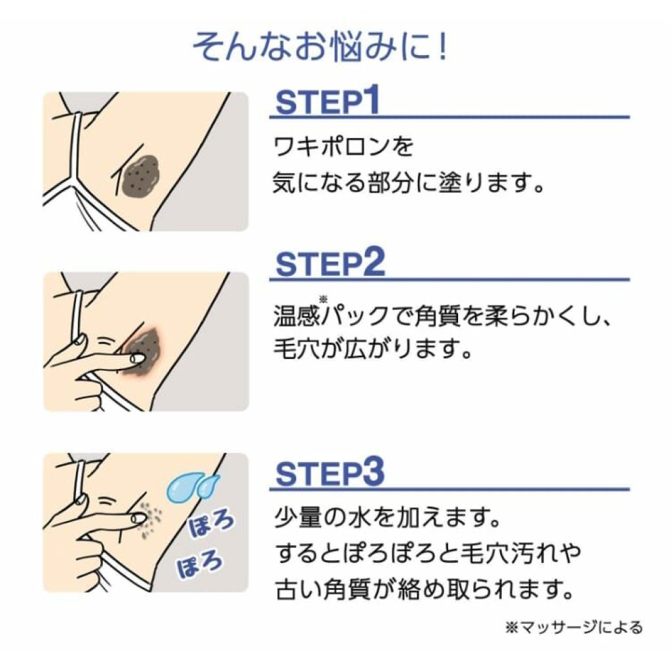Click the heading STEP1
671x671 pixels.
point(328,101)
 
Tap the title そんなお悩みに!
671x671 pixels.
point(320,47)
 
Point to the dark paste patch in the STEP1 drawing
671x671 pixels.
point(140,174)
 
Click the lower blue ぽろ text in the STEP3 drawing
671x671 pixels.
point(201,562)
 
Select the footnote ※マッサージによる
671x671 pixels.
point(574,628)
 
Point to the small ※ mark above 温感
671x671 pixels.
point(323,299)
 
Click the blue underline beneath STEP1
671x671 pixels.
point(450,117)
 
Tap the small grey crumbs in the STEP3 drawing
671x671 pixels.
point(150,519)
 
